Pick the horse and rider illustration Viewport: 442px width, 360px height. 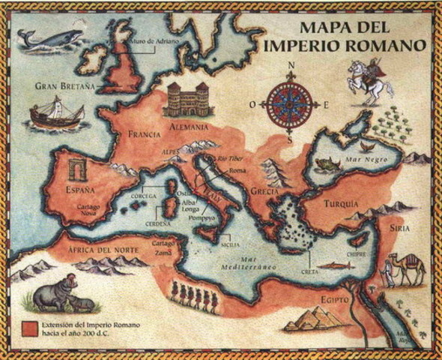click(x=369, y=80)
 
